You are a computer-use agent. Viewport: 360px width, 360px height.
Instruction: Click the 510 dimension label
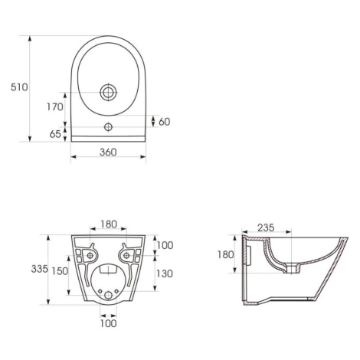click(19, 87)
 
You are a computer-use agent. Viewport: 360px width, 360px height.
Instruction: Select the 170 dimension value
click(55, 106)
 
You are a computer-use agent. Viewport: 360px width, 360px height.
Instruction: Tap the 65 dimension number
click(55, 134)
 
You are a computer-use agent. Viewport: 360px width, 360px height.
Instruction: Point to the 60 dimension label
click(164, 122)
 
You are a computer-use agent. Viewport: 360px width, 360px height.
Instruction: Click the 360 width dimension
click(108, 152)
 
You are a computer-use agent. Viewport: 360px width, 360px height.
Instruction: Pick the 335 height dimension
click(40, 269)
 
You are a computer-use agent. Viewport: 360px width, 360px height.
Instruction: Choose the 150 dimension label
click(60, 271)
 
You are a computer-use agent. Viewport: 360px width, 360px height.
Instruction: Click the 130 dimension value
click(165, 273)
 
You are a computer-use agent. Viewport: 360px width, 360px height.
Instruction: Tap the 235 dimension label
click(266, 227)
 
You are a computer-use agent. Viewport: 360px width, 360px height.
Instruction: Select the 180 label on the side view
click(225, 254)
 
